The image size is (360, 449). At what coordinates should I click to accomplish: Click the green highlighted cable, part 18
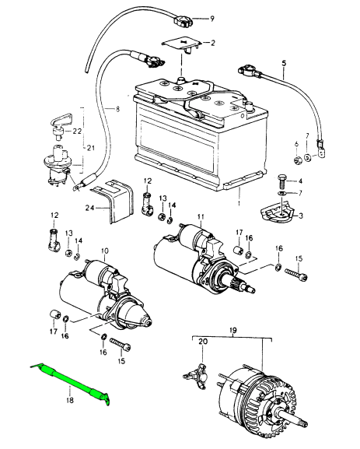pyautogui.click(x=70, y=382)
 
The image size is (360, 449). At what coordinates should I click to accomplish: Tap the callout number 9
pyautogui.click(x=212, y=19)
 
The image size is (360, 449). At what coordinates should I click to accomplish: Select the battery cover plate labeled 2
pyautogui.click(x=181, y=44)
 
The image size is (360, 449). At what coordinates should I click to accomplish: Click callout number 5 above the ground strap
pyautogui.click(x=284, y=63)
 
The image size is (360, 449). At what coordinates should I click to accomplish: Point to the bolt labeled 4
pyautogui.click(x=281, y=181)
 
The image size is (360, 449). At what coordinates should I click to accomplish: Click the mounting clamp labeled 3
pyautogui.click(x=277, y=212)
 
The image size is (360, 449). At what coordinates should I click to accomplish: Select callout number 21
pyautogui.click(x=91, y=149)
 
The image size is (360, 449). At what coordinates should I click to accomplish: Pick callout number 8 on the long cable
pyautogui.click(x=117, y=109)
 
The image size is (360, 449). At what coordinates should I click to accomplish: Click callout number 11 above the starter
pyautogui.click(x=201, y=217)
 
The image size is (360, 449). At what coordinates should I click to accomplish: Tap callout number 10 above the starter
pyautogui.click(x=104, y=251)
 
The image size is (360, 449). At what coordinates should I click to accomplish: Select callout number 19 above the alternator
pyautogui.click(x=233, y=331)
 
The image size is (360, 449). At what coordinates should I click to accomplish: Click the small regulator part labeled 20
pyautogui.click(x=197, y=377)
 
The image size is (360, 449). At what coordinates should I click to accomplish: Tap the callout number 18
pyautogui.click(x=69, y=399)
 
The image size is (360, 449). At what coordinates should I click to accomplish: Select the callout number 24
pyautogui.click(x=90, y=209)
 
